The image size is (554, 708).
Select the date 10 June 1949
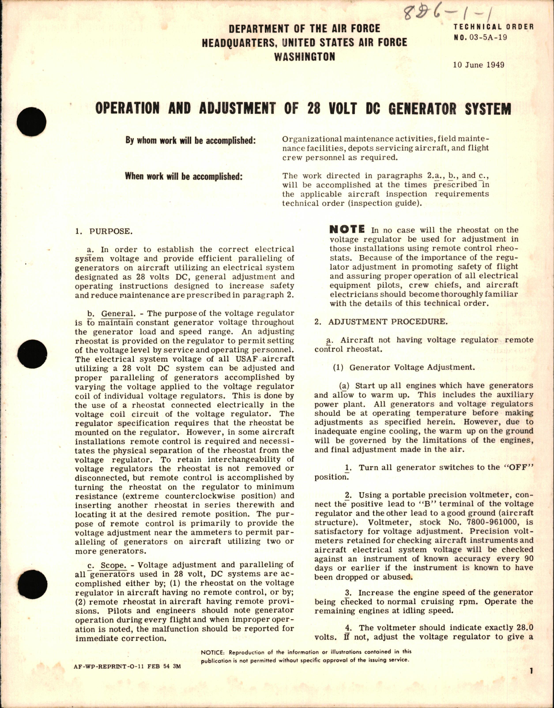479,65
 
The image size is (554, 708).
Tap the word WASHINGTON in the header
304,56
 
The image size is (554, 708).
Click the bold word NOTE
347,229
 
